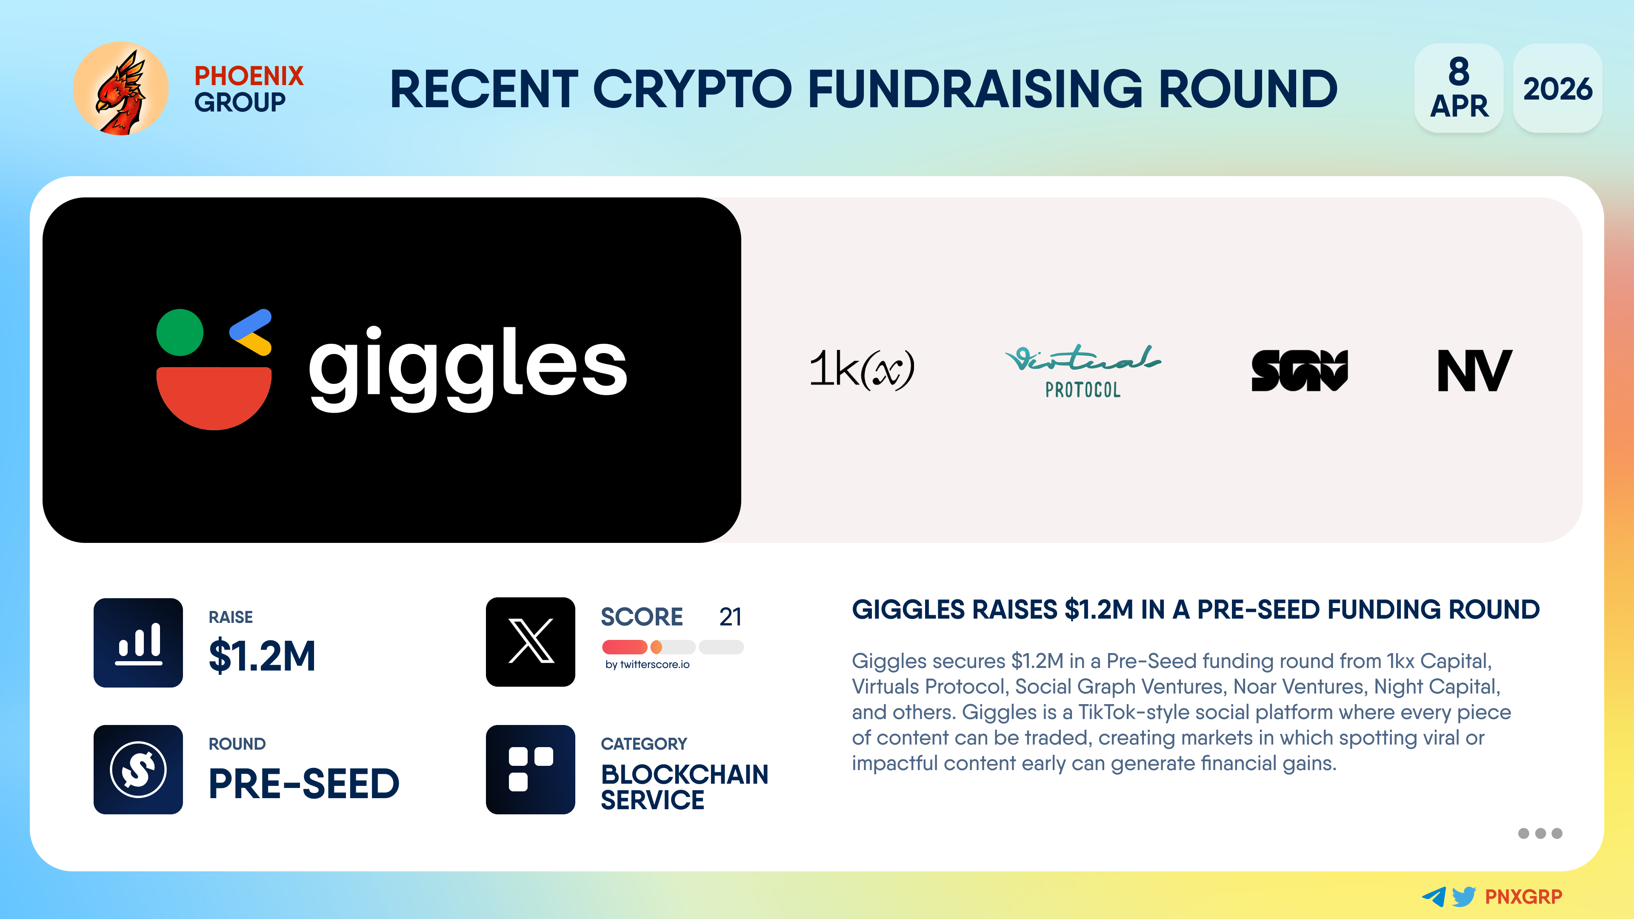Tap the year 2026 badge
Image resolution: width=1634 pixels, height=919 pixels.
coord(1557,88)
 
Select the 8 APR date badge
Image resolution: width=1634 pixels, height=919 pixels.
coord(1459,88)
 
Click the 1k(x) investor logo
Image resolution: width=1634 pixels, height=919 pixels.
coord(861,369)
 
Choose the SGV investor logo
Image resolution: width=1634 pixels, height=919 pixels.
coord(1299,371)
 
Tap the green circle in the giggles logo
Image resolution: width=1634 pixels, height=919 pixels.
coord(180,332)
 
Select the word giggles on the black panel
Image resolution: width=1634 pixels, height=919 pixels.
coord(468,368)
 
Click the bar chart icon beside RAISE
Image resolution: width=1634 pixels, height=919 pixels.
coord(138,642)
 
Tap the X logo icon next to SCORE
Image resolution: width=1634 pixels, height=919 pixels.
coord(530,642)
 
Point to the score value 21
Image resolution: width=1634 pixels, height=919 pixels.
coord(730,616)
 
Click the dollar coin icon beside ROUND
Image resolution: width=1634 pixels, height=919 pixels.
coord(138,769)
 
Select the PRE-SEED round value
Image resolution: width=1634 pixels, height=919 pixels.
coord(304,783)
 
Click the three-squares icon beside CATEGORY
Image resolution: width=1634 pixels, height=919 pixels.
coord(530,769)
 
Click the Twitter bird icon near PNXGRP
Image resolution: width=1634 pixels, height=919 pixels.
coord(1464,896)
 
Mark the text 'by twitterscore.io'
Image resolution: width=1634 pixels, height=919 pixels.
coord(647,664)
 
